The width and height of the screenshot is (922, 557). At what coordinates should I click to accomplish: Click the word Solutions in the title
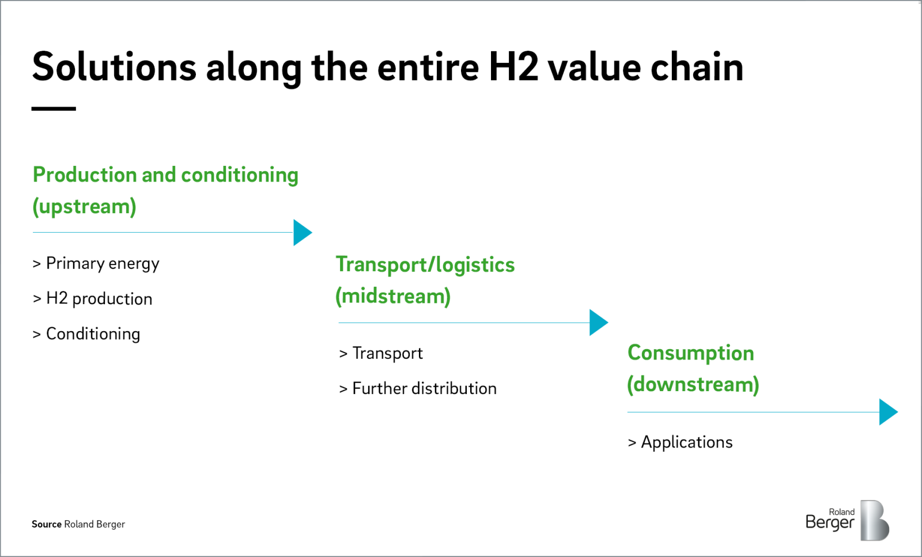(x=115, y=66)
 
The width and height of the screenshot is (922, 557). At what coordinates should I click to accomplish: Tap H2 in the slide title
(x=513, y=66)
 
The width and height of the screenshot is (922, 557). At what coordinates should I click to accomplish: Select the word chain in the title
(x=697, y=66)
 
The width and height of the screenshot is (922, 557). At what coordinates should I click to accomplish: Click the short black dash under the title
(x=54, y=109)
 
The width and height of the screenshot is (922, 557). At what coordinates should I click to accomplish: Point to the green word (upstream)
(x=84, y=207)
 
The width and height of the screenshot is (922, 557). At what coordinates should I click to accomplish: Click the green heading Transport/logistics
(x=425, y=264)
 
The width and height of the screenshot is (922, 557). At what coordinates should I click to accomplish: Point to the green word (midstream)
(x=393, y=296)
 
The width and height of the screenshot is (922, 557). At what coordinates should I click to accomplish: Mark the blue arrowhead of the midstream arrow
(x=599, y=323)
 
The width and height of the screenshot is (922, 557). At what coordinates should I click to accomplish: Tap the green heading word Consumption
(x=691, y=353)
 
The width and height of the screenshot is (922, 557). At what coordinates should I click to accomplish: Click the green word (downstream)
(x=693, y=385)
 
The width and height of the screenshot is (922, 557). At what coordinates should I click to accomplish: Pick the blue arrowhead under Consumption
(x=889, y=412)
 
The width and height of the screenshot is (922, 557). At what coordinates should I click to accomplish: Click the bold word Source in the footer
(x=47, y=524)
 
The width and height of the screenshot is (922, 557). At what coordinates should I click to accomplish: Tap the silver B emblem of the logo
(x=875, y=520)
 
